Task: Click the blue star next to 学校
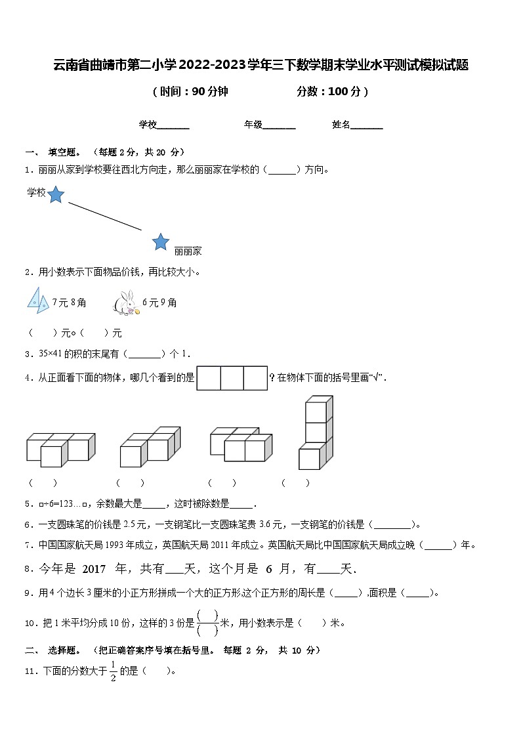coord(56,194)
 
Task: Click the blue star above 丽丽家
coord(161,242)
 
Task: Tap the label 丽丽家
coord(188,251)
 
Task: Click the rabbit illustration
coord(125,303)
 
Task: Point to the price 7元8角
coord(70,303)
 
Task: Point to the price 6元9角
coord(159,303)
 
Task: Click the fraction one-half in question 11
coord(113,671)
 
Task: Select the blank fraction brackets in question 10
coord(207,623)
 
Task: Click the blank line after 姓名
coord(367,125)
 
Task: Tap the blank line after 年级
coord(279,125)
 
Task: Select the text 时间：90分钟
coord(190,92)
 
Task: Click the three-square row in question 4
coord(232,378)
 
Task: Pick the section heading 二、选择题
coord(54,650)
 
